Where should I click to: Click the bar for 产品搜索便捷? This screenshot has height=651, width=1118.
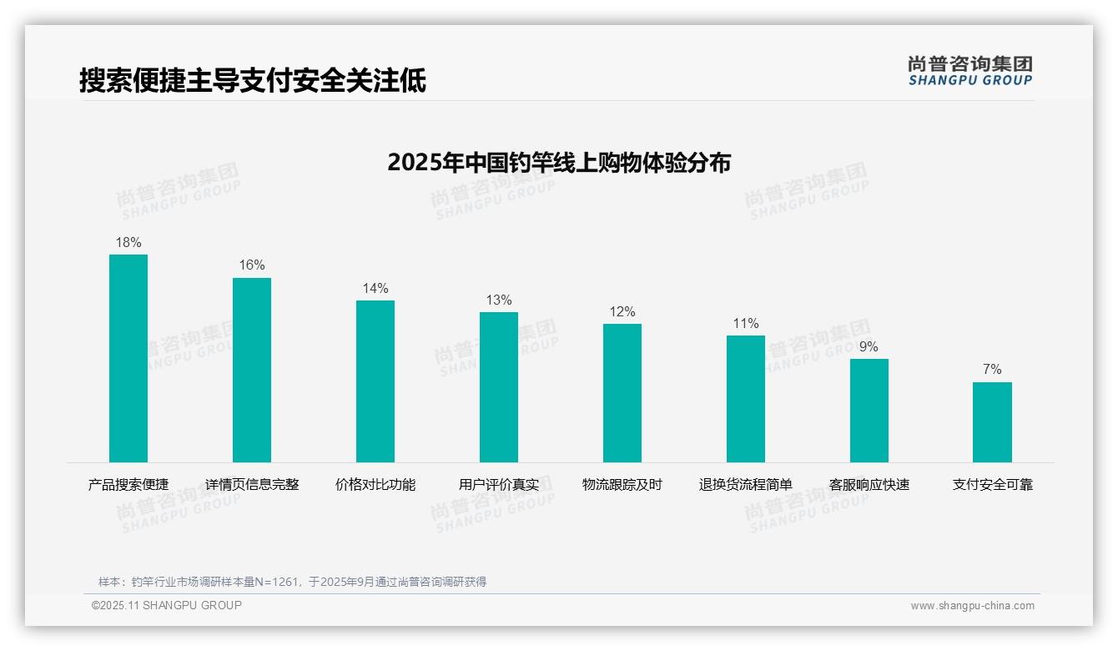click(128, 358)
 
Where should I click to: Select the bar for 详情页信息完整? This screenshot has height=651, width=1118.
click(252, 370)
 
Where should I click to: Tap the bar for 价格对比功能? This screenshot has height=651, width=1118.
click(375, 381)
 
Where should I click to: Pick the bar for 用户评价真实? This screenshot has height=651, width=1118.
click(499, 387)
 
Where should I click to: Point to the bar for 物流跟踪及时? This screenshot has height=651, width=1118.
click(622, 393)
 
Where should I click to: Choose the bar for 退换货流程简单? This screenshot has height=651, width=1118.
click(746, 399)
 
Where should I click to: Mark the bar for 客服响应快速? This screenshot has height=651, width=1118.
click(869, 411)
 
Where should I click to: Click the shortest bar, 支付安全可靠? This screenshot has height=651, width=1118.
click(992, 422)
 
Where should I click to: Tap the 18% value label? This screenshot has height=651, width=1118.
click(128, 243)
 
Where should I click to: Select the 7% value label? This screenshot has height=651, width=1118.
click(992, 370)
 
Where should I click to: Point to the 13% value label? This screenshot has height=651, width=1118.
click(499, 300)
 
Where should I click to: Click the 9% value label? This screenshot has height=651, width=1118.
click(869, 347)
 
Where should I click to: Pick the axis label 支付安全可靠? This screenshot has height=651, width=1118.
click(993, 485)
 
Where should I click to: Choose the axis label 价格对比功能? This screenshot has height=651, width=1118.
click(375, 485)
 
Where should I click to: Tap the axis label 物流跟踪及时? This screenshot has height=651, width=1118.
click(622, 485)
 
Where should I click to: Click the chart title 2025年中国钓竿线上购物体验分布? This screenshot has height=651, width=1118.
click(559, 163)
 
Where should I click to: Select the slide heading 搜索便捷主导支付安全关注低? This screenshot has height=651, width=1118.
click(253, 81)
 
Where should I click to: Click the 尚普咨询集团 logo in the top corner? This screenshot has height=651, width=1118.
click(970, 71)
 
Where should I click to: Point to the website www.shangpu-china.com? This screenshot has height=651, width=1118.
click(972, 606)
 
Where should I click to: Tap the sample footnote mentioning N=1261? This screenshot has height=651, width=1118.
click(292, 582)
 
